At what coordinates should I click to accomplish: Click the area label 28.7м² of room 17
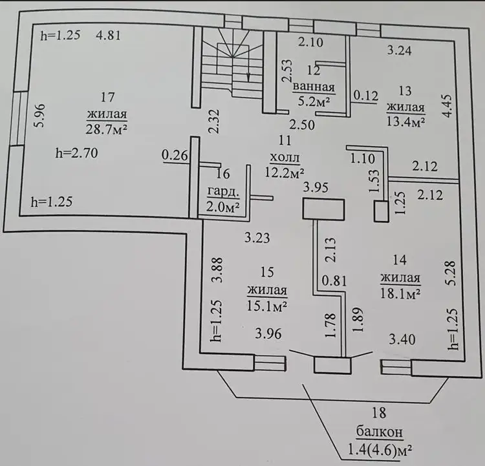106,129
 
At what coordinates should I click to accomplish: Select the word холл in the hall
285,157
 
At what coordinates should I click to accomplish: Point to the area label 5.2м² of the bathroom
313,101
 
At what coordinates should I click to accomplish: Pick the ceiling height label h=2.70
77,154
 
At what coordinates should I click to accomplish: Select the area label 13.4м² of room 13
405,122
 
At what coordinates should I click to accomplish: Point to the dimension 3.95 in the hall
317,187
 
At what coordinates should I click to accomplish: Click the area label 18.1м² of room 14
401,293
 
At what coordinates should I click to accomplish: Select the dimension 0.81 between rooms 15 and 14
331,282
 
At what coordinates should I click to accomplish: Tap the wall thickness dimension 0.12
365,96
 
